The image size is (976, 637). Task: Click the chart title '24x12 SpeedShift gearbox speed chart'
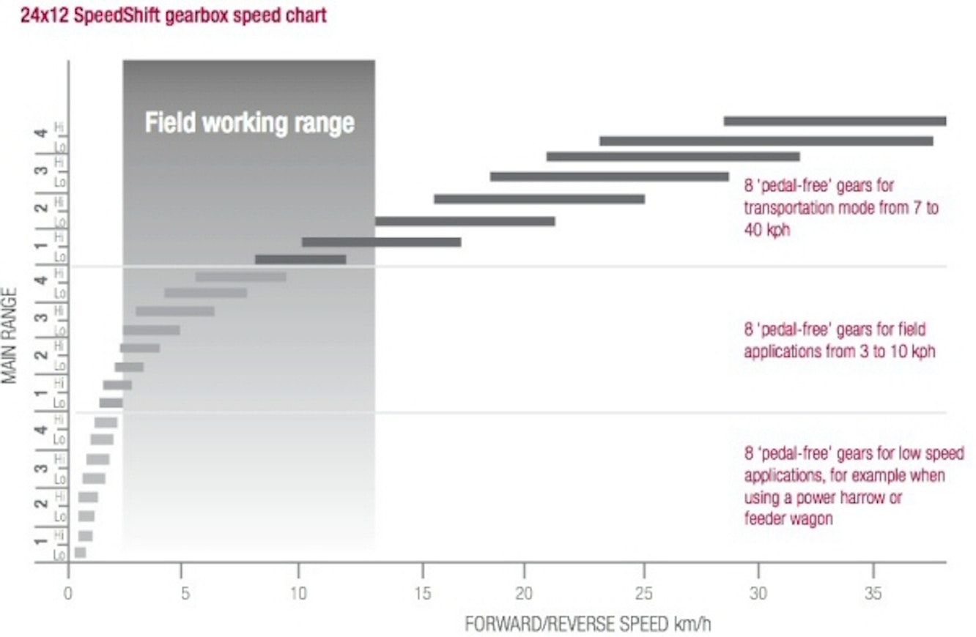(x=173, y=15)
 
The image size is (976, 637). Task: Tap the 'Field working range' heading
(x=249, y=122)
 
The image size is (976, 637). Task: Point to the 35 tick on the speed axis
(x=873, y=592)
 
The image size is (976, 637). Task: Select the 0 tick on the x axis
(x=68, y=592)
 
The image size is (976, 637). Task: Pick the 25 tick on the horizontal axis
(x=643, y=592)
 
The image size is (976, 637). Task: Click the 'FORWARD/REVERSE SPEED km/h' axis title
(x=588, y=625)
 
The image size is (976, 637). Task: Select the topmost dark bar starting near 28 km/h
(x=835, y=121)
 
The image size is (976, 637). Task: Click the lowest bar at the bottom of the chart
(x=81, y=553)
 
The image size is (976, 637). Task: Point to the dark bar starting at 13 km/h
(x=465, y=221)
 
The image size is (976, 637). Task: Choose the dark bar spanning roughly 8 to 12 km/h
(x=300, y=259)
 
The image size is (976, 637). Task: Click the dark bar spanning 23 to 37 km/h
(x=766, y=141)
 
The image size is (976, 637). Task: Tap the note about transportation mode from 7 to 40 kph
(x=840, y=207)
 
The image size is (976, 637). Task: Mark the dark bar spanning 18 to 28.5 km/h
(x=609, y=176)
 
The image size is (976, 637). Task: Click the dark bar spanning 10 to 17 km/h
(x=381, y=242)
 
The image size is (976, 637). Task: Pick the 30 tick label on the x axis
(x=758, y=592)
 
